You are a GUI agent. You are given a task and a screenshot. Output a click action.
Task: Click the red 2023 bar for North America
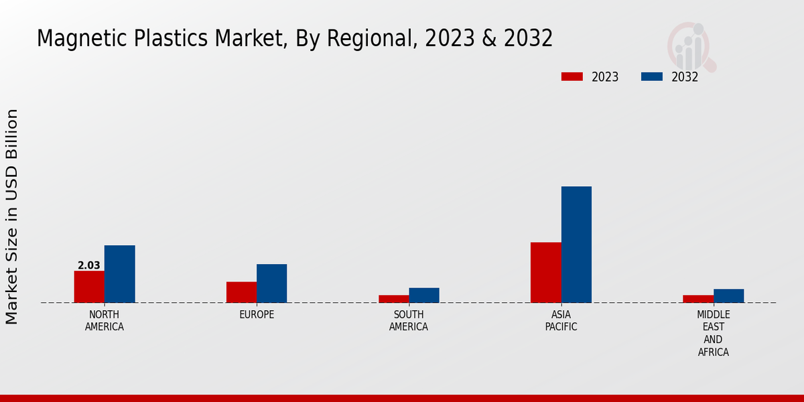(89, 287)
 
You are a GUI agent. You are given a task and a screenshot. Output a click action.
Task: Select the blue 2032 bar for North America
(119, 274)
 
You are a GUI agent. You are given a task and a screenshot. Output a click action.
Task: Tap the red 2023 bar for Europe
(241, 292)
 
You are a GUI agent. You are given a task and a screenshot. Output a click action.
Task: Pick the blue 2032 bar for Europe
(271, 283)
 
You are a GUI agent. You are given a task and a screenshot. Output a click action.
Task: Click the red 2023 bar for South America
(393, 299)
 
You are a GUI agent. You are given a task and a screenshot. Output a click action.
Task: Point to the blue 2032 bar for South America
(424, 295)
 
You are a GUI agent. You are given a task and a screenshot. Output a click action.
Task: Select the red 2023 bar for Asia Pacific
(545, 273)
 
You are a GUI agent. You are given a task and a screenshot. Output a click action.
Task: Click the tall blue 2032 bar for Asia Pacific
(576, 245)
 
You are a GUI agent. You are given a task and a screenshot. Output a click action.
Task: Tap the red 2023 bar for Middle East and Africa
(697, 299)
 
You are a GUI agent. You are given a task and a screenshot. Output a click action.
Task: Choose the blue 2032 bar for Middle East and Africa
(728, 296)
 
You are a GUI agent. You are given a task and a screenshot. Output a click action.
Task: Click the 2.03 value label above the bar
(89, 265)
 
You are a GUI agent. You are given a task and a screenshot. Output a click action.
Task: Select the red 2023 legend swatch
(572, 76)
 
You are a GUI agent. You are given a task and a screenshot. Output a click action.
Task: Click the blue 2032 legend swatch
(651, 76)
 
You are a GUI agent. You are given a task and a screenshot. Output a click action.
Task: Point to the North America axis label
(105, 321)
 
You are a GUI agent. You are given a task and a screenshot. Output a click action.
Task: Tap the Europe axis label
(257, 315)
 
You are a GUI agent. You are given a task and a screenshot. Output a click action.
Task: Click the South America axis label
(409, 321)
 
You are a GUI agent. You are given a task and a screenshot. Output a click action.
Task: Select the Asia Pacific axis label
(561, 321)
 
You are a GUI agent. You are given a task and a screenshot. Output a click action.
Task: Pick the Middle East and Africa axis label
(713, 333)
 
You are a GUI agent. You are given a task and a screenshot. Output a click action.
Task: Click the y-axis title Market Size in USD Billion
(12, 216)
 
